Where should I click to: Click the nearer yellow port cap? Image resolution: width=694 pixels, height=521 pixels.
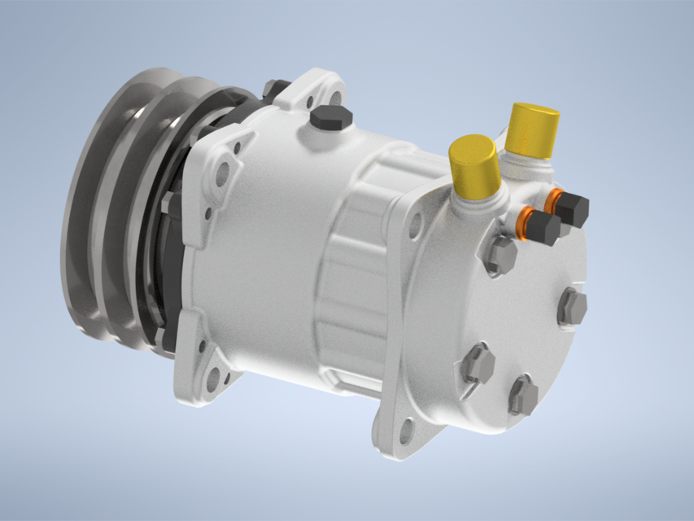pyautogui.click(x=474, y=167)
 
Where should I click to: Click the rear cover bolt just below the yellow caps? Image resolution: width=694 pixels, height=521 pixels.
pyautogui.click(x=501, y=256)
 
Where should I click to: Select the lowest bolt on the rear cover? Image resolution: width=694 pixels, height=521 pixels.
pyautogui.click(x=523, y=396)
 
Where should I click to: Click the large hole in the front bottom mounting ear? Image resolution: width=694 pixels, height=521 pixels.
pyautogui.click(x=212, y=377)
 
